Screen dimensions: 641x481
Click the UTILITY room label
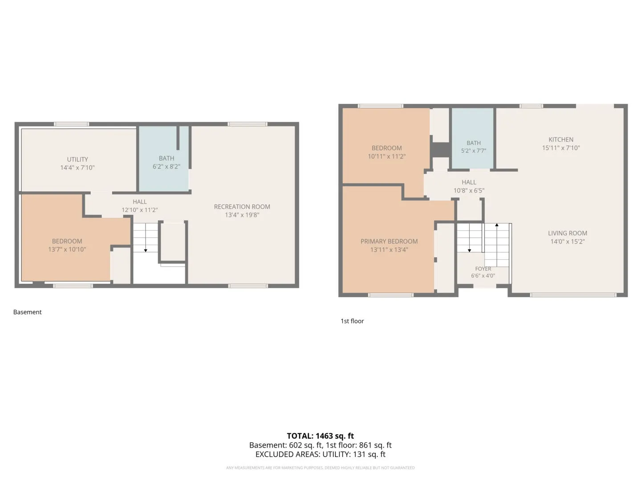coord(77,159)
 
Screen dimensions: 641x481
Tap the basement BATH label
coord(166,158)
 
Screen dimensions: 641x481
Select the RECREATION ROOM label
coord(242,207)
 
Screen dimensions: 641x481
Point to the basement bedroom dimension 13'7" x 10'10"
coord(67,249)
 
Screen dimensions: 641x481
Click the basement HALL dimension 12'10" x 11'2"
coord(140,210)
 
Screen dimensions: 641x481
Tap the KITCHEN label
coord(561,139)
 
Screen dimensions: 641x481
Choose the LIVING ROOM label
coord(568,233)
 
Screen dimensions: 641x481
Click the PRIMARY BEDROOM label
coord(389,241)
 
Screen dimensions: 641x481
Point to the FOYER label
coord(483,269)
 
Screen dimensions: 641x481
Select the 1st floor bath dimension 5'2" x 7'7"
coord(473,151)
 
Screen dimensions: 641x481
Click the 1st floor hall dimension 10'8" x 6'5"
coord(469,191)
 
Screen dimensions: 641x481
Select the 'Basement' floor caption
coord(28,312)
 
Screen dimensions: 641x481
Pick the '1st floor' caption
coord(352,321)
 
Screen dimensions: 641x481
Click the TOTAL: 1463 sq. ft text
coord(320,436)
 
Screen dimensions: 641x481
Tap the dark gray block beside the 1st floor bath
coord(441,150)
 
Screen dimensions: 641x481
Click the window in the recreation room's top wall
coord(247,124)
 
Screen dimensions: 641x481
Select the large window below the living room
coord(573,295)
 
